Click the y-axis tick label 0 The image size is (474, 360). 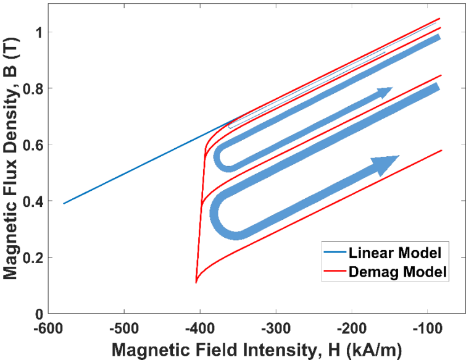[x=38, y=314]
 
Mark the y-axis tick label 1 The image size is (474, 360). [x=38, y=32]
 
